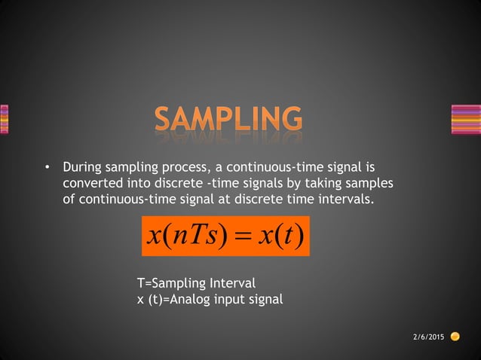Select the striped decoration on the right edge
coord(465,119)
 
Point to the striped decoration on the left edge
coord(4,119)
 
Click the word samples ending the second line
coord(371,184)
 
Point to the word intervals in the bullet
coord(345,200)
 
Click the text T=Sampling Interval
coord(196,283)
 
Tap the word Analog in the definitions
coord(189,300)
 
